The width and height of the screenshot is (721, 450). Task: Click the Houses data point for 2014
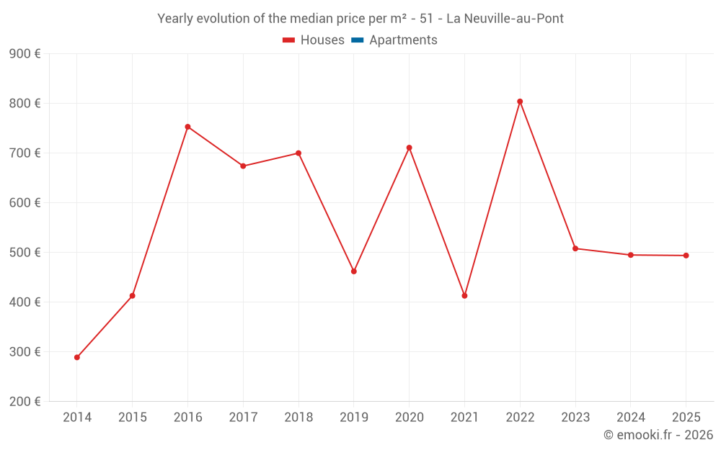[x=77, y=357]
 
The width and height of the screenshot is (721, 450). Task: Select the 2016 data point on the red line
[x=187, y=127]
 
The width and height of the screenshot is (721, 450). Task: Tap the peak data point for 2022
[x=520, y=102]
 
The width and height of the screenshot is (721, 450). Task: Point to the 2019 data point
[x=354, y=271]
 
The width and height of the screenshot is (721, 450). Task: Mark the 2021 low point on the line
[x=464, y=296]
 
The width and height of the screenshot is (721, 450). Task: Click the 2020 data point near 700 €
[x=409, y=148]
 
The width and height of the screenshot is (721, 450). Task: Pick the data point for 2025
[x=686, y=256]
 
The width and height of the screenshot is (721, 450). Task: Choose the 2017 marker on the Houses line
[x=243, y=166]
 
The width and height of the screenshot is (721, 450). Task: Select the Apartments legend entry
[x=403, y=40]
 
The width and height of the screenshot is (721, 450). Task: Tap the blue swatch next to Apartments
[x=357, y=40]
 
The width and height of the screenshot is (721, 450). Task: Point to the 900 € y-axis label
[x=25, y=54]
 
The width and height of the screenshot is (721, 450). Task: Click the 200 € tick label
[x=25, y=401]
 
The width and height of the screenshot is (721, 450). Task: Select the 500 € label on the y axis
[x=25, y=252]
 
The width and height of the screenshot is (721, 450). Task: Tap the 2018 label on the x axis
[x=298, y=418]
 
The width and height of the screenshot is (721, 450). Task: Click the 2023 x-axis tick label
[x=575, y=418]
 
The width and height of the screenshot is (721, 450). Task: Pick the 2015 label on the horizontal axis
[x=133, y=418]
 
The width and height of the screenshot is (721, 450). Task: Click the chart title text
[x=360, y=18]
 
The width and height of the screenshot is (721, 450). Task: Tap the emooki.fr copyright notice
[x=658, y=435]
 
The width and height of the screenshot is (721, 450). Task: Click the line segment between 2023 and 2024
[x=603, y=252]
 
